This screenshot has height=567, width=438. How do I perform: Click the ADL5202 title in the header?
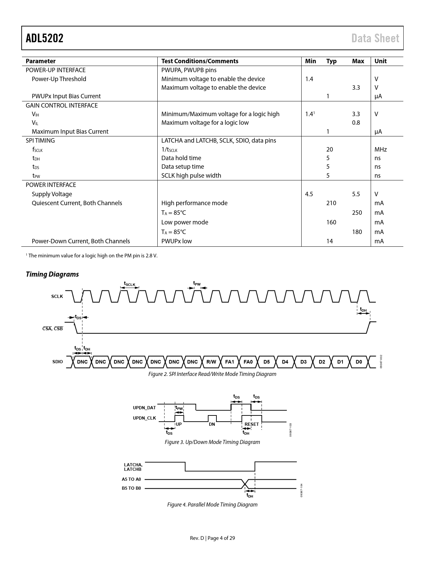click(45, 38)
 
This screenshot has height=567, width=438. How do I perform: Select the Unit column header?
click(380, 61)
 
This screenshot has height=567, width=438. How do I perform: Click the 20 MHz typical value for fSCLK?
click(329, 149)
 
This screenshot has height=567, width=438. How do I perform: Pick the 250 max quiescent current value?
click(357, 213)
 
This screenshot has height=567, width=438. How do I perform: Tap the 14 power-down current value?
click(329, 241)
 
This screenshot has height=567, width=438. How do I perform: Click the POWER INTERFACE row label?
click(51, 185)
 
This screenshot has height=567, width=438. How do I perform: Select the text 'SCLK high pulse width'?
click(191, 176)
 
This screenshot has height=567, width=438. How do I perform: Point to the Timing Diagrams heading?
click(52, 274)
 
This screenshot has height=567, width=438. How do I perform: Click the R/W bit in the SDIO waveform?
click(211, 362)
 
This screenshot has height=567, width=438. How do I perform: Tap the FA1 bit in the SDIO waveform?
click(229, 362)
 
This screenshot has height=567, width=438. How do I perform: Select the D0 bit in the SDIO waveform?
click(359, 362)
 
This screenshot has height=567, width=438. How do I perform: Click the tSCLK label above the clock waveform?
click(130, 284)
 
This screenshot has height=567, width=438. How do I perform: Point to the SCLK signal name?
click(57, 296)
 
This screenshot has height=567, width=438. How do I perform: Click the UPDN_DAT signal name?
click(144, 408)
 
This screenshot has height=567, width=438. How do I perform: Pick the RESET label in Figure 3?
click(251, 424)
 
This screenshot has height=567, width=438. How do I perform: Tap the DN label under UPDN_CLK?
click(212, 424)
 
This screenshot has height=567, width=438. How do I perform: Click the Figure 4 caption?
click(212, 504)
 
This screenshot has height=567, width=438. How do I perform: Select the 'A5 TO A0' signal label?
click(131, 479)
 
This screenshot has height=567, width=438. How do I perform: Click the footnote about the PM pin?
click(92, 256)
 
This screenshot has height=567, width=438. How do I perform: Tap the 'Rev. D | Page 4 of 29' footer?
click(212, 538)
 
